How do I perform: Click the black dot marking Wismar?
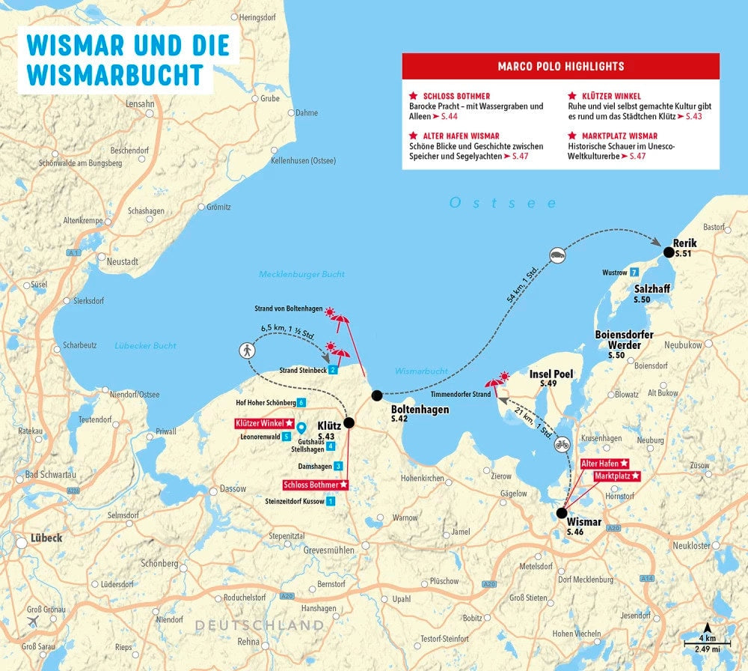pyautogui.click(x=561, y=513)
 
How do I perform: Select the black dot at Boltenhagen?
pyautogui.click(x=377, y=395)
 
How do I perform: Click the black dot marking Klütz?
pyautogui.click(x=349, y=422)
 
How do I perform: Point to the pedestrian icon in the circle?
pyautogui.click(x=247, y=350)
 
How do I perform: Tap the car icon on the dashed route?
pyautogui.click(x=557, y=255)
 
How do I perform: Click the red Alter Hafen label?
pyautogui.click(x=604, y=464)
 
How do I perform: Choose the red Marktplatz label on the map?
pyautogui.click(x=617, y=476)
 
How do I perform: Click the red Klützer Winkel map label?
pyautogui.click(x=263, y=423)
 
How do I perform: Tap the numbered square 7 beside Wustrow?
pyautogui.click(x=634, y=272)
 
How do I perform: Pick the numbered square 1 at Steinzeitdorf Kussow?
pyautogui.click(x=331, y=501)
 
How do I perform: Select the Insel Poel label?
pyautogui.click(x=551, y=374)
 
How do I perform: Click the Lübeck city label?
pyautogui.click(x=46, y=538)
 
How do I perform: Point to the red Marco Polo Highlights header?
pyautogui.click(x=560, y=67)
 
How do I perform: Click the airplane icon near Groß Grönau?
pyautogui.click(x=33, y=623)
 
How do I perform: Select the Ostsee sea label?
pyautogui.click(x=503, y=203)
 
